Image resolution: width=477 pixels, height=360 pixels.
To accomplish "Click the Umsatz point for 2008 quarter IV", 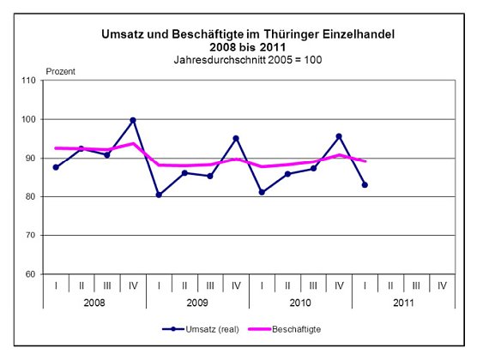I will [133, 120].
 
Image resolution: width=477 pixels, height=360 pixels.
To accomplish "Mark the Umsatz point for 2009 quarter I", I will [159, 195].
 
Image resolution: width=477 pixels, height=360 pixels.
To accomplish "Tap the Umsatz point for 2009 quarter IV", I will [236, 138].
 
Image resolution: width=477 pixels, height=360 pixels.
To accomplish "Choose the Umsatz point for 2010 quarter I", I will [262, 192].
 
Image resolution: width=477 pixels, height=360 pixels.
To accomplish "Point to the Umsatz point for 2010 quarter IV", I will [339, 136].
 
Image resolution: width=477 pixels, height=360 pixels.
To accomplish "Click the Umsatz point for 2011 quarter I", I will [365, 184].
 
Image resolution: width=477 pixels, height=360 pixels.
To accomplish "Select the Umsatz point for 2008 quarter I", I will [56, 167].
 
